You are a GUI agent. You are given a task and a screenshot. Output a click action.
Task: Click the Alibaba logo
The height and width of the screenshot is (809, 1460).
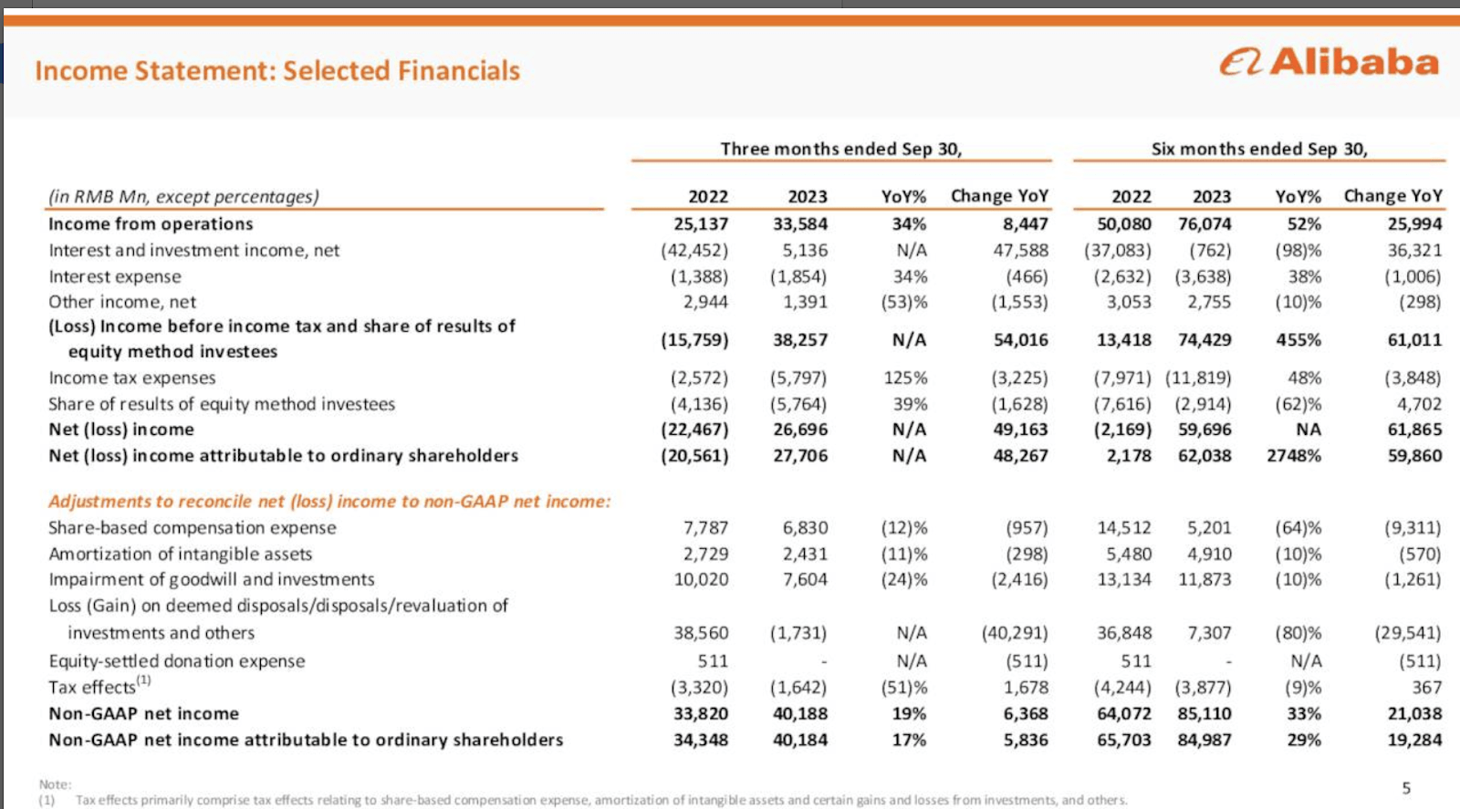(x=1329, y=62)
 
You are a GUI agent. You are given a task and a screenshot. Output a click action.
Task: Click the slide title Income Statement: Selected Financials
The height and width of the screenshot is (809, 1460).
(x=277, y=70)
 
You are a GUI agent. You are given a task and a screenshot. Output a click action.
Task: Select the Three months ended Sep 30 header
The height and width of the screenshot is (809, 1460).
(x=840, y=149)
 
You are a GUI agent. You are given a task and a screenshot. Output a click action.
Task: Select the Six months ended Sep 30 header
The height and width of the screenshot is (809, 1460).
(x=1259, y=149)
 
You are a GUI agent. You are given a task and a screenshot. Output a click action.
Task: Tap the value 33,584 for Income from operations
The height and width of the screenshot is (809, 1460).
(x=799, y=223)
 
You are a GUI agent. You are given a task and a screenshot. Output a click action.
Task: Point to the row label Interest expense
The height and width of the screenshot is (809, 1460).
(x=115, y=276)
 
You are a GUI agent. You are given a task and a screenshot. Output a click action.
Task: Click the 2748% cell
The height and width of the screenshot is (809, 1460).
(x=1293, y=455)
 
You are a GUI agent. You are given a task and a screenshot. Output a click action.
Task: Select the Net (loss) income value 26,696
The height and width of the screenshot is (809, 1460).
(x=799, y=429)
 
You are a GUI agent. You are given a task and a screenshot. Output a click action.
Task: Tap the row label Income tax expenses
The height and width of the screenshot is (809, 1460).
(x=132, y=378)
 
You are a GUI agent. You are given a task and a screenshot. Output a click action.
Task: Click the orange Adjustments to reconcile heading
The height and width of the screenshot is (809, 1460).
(x=329, y=501)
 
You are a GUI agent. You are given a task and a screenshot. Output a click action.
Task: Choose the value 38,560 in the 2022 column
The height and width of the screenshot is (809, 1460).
(x=701, y=632)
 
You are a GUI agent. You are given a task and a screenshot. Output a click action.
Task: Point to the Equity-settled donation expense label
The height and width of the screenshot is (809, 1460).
(x=177, y=660)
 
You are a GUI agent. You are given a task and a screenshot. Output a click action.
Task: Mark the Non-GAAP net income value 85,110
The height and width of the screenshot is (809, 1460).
(x=1204, y=713)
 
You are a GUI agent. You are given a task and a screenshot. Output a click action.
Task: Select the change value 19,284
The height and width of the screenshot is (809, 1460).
(x=1414, y=740)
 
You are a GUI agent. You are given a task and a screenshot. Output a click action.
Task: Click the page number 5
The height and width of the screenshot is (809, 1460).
(x=1406, y=788)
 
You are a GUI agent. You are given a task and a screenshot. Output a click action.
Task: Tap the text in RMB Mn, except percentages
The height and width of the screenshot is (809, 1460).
(x=183, y=196)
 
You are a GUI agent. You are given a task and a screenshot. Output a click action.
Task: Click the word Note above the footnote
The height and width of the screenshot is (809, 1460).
(x=54, y=784)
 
